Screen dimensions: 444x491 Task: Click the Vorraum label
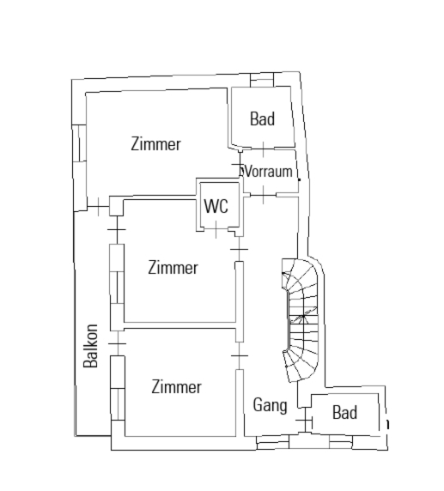click(x=269, y=172)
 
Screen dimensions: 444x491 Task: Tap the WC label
click(x=216, y=206)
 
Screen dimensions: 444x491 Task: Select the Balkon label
click(x=90, y=346)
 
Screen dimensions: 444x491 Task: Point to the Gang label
click(x=270, y=405)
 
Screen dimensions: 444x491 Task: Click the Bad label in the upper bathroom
click(x=262, y=118)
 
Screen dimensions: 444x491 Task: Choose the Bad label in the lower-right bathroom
click(x=344, y=412)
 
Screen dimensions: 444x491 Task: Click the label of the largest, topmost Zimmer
click(x=156, y=144)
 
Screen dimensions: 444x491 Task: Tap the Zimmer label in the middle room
click(x=173, y=268)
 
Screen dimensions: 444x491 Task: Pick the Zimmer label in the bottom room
click(x=176, y=387)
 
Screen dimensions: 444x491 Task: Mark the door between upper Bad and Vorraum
click(x=263, y=149)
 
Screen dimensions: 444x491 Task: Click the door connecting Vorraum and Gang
click(x=263, y=195)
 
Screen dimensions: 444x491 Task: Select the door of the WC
click(x=216, y=229)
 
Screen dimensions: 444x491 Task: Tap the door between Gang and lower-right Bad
click(x=305, y=421)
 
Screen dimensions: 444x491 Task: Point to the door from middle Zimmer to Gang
click(x=239, y=249)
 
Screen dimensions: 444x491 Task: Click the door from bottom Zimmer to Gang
click(x=240, y=355)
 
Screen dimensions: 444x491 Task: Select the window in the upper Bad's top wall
click(x=262, y=80)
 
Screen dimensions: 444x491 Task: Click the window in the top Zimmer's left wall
click(x=79, y=143)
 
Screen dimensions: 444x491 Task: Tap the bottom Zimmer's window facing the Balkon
click(x=118, y=388)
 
